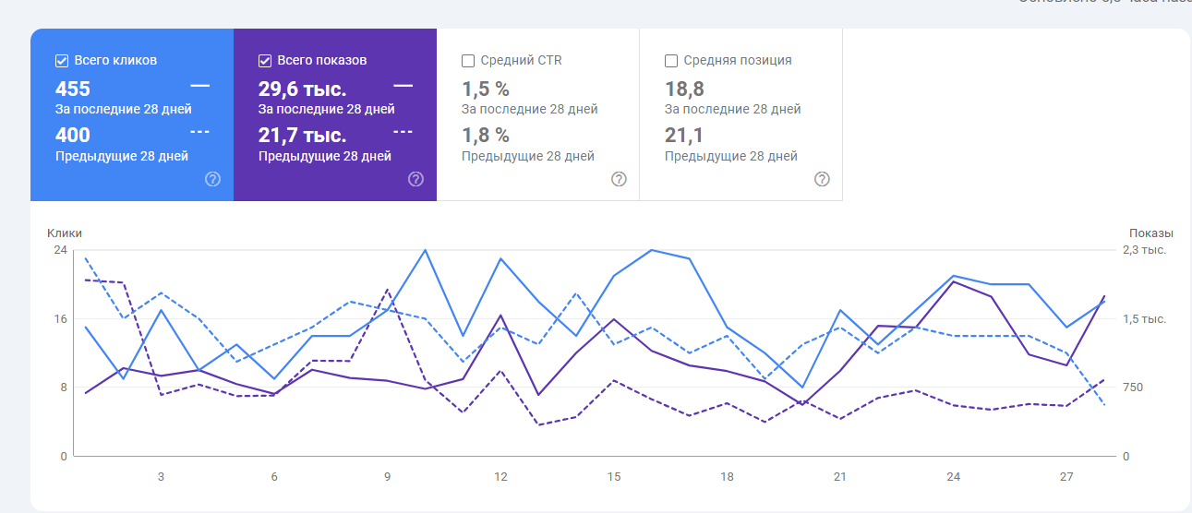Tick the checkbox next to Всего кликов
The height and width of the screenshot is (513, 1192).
click(62, 61)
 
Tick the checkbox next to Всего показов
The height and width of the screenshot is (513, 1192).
click(265, 61)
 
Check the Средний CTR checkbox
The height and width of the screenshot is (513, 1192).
click(468, 61)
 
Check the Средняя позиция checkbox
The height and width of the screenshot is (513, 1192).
click(671, 61)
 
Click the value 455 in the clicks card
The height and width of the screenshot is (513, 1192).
click(73, 89)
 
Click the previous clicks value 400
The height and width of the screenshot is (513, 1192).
click(73, 136)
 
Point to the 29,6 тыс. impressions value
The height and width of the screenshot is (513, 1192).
click(302, 89)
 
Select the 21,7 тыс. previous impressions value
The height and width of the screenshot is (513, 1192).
click(302, 136)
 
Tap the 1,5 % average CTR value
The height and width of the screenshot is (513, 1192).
click(486, 89)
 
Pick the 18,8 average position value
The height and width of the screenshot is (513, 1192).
click(684, 89)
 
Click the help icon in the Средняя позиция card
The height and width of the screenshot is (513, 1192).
click(822, 179)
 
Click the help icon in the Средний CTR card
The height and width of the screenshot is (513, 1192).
click(619, 179)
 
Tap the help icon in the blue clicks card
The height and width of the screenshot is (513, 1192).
click(212, 179)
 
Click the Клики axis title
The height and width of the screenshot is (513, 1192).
click(65, 233)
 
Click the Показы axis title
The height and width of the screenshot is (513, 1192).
click(1150, 233)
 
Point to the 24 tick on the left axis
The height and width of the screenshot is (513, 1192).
click(60, 250)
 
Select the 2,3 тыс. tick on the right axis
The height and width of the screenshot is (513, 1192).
click(1144, 250)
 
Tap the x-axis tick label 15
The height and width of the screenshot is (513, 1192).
click(614, 477)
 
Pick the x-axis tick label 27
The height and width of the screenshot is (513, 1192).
click(1066, 477)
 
